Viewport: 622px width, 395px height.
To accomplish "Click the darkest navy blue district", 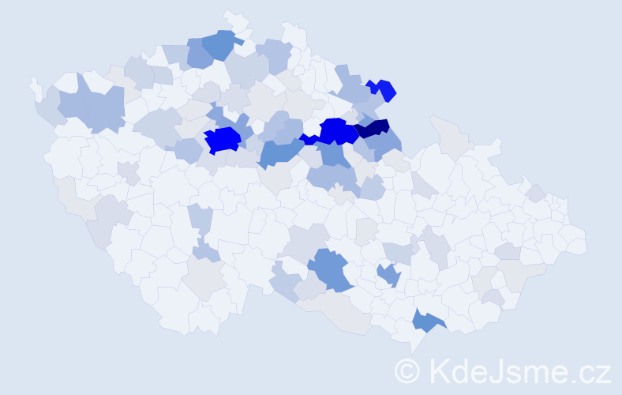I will click(x=373, y=127).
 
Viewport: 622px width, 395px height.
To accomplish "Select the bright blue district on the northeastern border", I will click(x=381, y=89).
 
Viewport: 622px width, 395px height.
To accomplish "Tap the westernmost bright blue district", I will click(x=223, y=140).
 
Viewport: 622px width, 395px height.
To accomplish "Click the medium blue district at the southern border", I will click(x=427, y=320).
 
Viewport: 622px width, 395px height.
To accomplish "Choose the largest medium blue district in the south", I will click(x=331, y=268).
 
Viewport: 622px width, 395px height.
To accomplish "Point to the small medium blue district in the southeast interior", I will click(x=388, y=275).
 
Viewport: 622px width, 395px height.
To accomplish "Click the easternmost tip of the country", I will click(x=585, y=243).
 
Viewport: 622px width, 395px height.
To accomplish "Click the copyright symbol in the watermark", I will click(x=407, y=369).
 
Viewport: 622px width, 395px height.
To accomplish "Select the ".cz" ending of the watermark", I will click(x=590, y=371).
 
